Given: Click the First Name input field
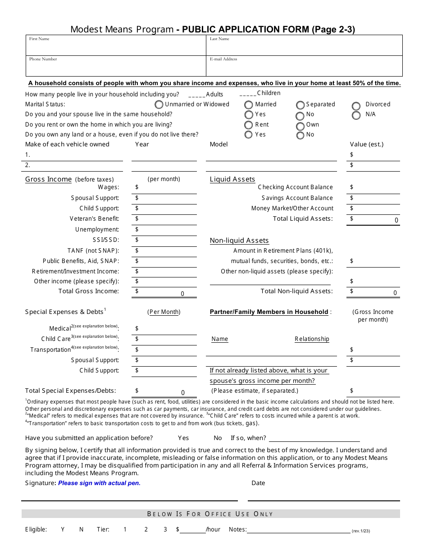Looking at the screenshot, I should tap(116, 47).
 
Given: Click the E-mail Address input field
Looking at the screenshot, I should tap(304, 68).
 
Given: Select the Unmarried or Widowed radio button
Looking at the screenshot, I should tap(159, 104).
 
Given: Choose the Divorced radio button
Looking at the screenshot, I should tap(356, 106).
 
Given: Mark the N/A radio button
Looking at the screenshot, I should tap(356, 115).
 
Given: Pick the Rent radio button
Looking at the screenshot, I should tap(248, 125).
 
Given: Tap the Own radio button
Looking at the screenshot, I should tap(300, 126).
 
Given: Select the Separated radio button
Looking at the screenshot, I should tap(300, 105).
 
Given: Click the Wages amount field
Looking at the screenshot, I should tap(166, 188).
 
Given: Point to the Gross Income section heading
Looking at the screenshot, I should tap(48, 179).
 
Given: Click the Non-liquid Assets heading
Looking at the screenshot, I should tap(239, 241).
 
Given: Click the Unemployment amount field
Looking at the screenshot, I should tap(166, 230).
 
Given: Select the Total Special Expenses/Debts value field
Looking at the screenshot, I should tap(166, 391).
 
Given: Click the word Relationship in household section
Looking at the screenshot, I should tap(312, 339).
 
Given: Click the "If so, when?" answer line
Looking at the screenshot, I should tap(314, 438).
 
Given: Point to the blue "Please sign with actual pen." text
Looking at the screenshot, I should tap(99, 483).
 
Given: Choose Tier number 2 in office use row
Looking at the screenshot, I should tap(146, 530).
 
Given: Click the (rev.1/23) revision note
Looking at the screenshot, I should tap(361, 531).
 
